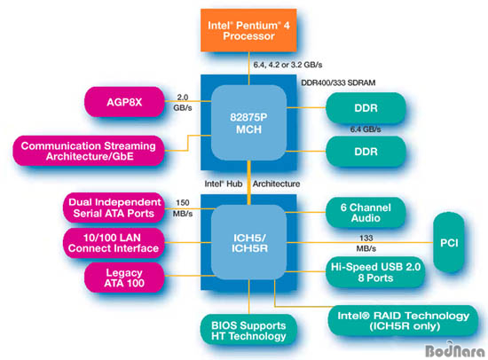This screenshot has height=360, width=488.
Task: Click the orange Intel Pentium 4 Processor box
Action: point(248,30)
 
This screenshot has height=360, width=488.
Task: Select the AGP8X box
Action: point(124,102)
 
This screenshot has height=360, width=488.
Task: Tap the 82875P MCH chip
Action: point(248,122)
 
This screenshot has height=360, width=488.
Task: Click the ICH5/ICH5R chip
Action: point(248,242)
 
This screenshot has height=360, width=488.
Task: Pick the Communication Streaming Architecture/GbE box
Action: point(89,151)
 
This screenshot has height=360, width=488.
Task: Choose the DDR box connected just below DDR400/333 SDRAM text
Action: point(366,108)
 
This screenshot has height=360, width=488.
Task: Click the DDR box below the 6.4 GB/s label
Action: point(366,152)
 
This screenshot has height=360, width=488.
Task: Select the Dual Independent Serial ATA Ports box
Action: point(114,207)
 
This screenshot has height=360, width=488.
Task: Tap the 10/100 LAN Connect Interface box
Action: point(114,243)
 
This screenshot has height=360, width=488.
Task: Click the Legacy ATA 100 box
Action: point(124,278)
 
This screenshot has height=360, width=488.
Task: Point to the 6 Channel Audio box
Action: point(366,213)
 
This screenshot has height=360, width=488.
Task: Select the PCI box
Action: point(449,243)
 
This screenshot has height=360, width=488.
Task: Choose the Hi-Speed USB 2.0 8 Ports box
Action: point(375,272)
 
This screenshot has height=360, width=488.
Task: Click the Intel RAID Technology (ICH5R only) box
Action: point(403,321)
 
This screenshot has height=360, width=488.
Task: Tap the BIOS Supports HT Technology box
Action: point(248,331)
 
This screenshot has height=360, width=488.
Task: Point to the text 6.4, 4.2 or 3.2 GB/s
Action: point(287,65)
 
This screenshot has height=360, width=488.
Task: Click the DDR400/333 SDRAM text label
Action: point(338,82)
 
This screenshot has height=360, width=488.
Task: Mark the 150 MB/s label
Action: point(183,208)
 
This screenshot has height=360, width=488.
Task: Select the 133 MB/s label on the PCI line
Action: point(366,243)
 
